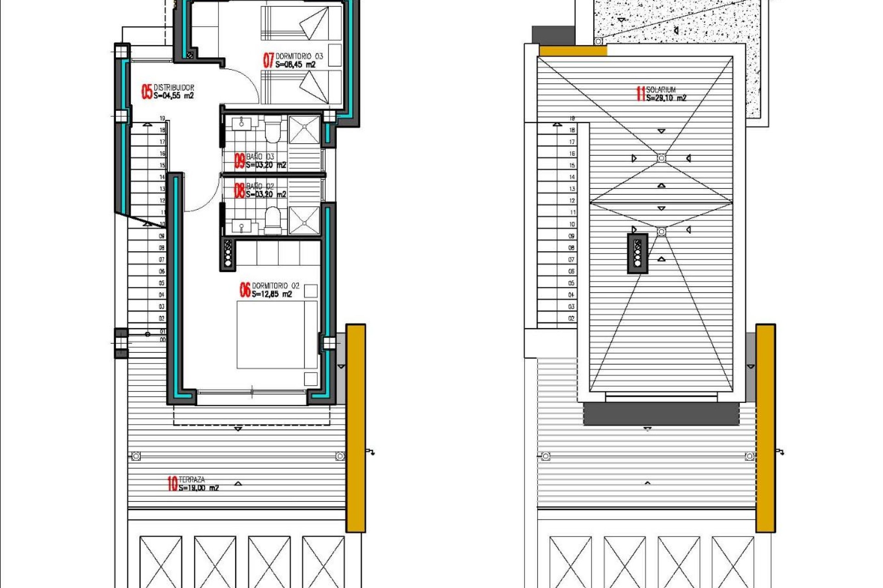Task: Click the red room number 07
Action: coord(268,60)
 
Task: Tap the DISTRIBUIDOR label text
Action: coord(174,87)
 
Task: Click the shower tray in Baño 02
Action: coord(304,221)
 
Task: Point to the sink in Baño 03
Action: coord(241,123)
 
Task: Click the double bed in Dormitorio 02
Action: coord(277,334)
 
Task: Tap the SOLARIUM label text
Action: coord(661,90)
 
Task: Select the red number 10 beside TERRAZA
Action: coord(172,483)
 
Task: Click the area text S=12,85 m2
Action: coord(271,294)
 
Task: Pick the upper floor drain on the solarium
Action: coord(661,158)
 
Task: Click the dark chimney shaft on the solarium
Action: coord(637,253)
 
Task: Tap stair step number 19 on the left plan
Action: coord(162,119)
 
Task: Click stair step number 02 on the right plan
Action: coord(571,318)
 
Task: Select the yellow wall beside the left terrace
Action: coord(355,427)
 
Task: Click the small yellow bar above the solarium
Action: coord(573,51)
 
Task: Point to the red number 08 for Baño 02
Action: coord(239,190)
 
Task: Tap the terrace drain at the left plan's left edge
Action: coord(136,456)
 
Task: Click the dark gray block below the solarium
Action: coord(661,413)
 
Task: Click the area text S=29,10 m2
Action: coord(666,98)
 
